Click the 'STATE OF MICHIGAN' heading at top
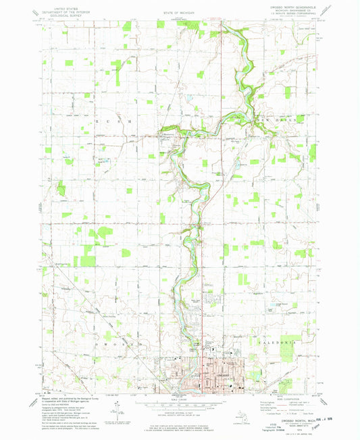[180, 12]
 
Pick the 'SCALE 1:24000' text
[180, 399]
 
